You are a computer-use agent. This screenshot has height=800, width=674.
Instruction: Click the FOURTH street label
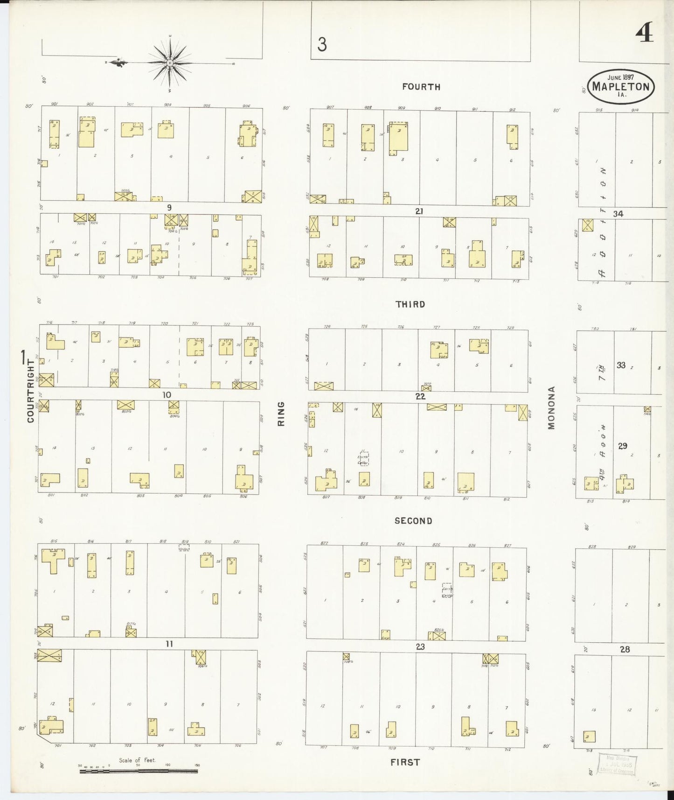point(421,87)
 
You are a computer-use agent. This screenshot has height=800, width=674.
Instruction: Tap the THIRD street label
point(410,304)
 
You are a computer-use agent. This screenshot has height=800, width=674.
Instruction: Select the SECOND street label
point(413,521)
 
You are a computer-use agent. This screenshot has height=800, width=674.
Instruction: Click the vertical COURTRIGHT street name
point(31,391)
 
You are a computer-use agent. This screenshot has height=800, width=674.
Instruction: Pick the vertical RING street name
point(281,414)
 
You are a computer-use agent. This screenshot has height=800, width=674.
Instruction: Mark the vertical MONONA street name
point(552,407)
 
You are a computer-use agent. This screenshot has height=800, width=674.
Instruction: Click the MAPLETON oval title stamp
point(621,86)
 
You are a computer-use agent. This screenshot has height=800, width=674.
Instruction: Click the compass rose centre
point(170,63)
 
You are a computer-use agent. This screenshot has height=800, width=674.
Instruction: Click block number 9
point(169,208)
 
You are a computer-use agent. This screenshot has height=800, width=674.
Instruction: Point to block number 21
point(419,211)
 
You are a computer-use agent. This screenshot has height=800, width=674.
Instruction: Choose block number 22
point(420,396)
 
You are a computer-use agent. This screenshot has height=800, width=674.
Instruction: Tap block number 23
point(420,647)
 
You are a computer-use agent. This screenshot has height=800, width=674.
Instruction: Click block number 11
point(169,644)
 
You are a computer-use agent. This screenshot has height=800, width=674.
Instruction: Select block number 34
point(618,214)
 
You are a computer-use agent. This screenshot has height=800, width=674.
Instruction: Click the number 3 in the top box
point(322,45)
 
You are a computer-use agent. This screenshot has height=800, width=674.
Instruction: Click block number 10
point(167,395)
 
